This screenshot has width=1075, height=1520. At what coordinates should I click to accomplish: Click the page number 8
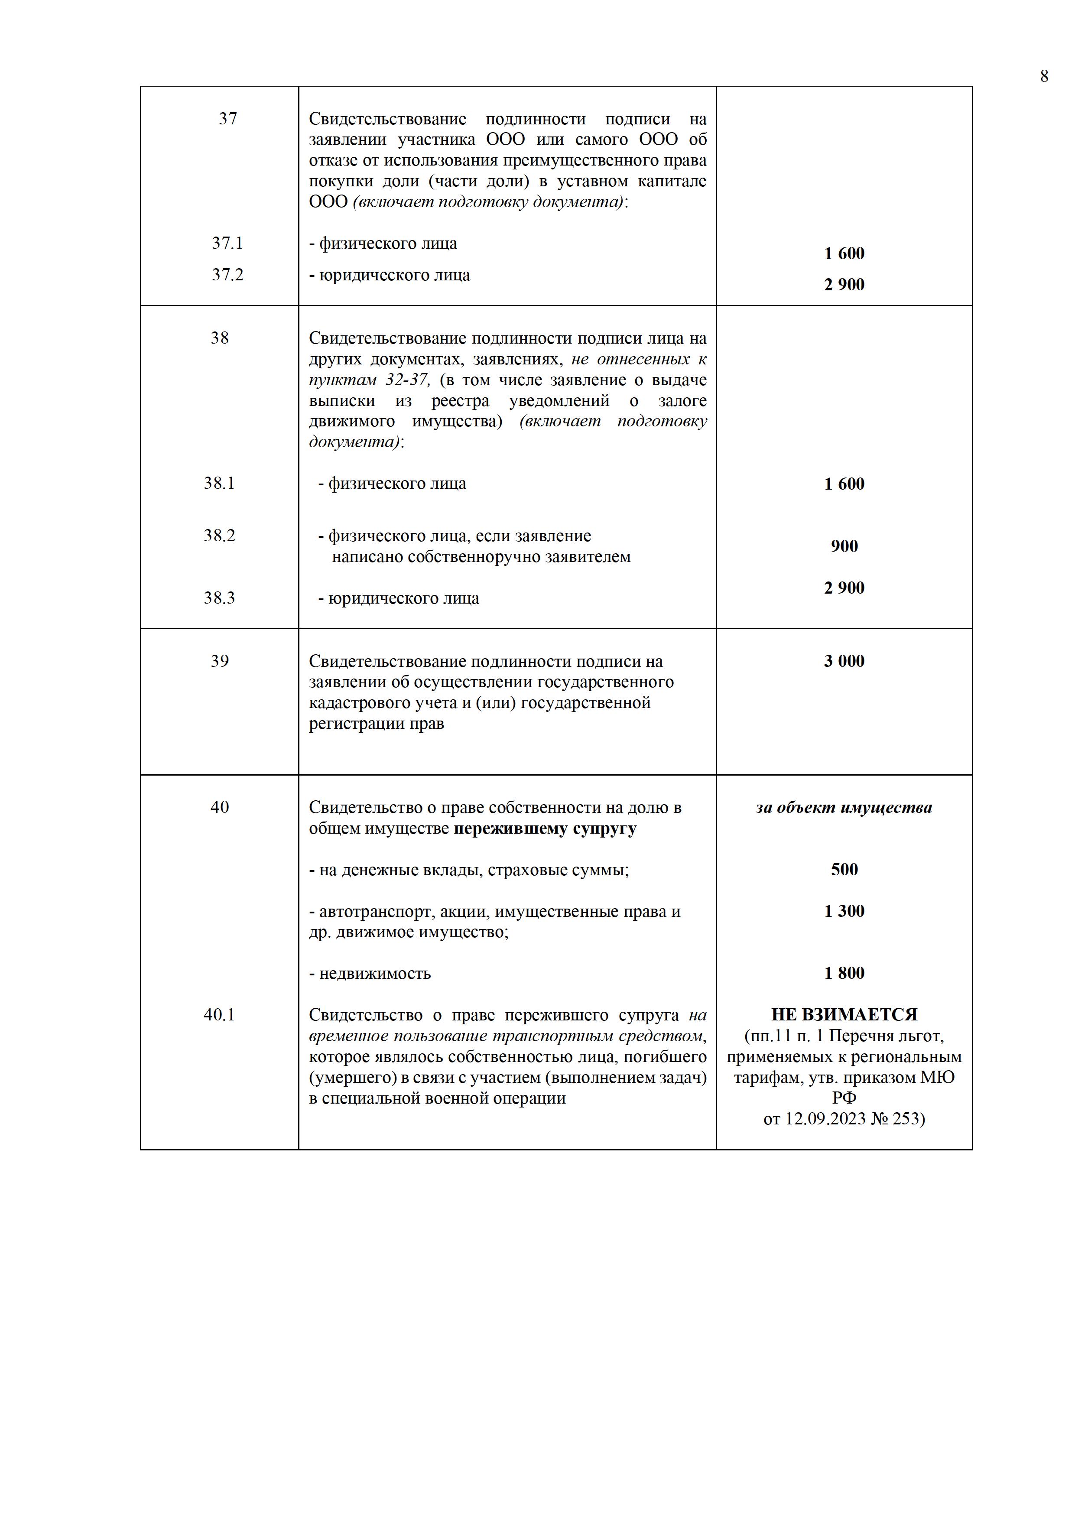1044,77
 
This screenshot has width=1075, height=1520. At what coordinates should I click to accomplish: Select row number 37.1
227,243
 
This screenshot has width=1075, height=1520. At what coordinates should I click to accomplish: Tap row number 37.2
227,274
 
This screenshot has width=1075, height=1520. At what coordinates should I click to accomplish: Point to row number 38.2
219,535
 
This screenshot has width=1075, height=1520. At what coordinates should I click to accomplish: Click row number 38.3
219,598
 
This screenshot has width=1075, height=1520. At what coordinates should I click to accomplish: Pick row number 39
219,661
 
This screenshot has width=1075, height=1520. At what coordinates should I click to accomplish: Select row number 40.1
219,1014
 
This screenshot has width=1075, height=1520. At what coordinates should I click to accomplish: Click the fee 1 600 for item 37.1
844,253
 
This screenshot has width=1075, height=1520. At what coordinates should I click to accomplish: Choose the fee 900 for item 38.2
844,546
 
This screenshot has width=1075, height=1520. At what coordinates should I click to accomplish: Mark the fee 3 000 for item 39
844,661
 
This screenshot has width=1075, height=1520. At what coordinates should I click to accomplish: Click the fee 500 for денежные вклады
844,869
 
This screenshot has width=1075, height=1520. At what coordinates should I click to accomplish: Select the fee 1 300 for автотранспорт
844,910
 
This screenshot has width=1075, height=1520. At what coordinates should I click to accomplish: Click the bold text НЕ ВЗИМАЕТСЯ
844,1014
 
